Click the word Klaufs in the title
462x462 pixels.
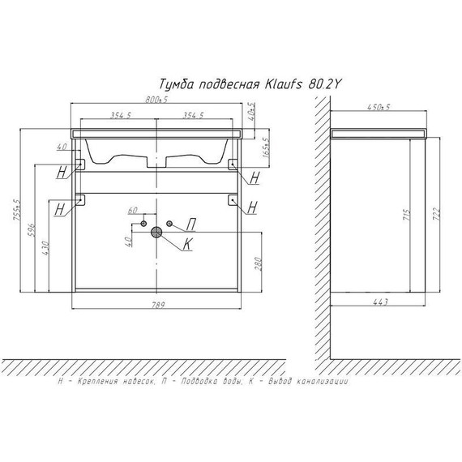click(284, 85)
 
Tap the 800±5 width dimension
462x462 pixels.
click(156, 100)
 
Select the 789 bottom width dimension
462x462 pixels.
click(156, 305)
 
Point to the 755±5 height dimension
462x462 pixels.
click(17, 210)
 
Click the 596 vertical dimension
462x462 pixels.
click(32, 230)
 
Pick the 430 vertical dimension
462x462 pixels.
click(45, 248)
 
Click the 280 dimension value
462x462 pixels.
click(258, 264)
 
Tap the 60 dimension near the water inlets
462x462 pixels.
click(133, 211)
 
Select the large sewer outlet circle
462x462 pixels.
click(156, 232)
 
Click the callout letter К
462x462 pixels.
click(187, 244)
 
